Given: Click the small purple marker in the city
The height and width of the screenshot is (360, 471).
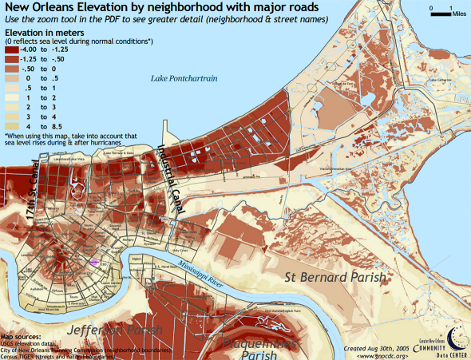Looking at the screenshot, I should point(94,260).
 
